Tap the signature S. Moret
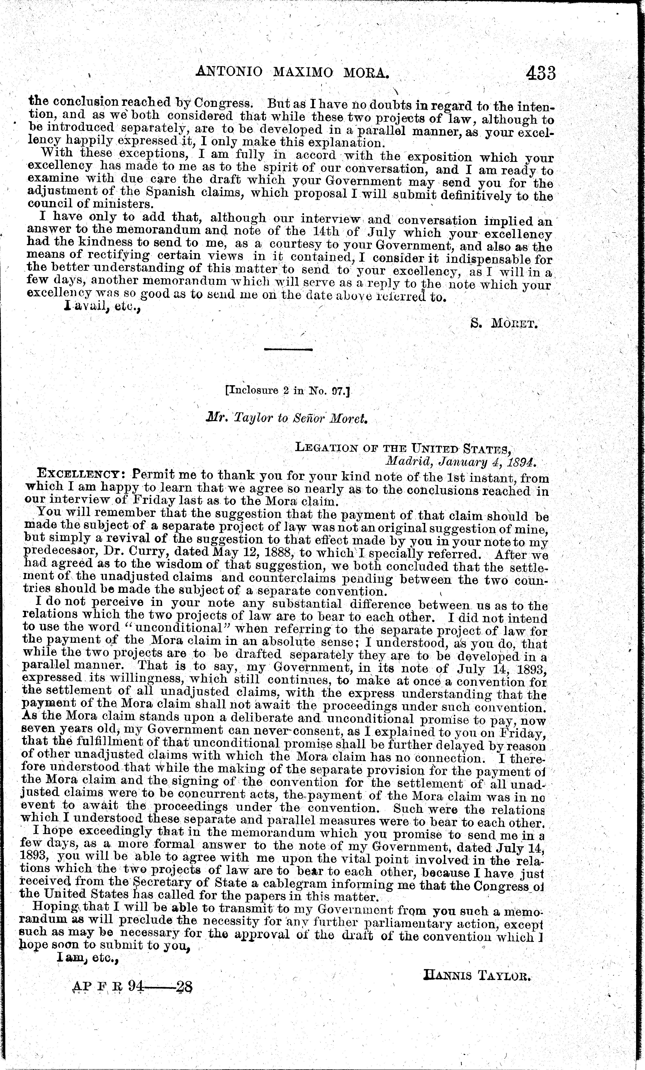[x=504, y=323]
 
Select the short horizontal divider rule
[x=288, y=349]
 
